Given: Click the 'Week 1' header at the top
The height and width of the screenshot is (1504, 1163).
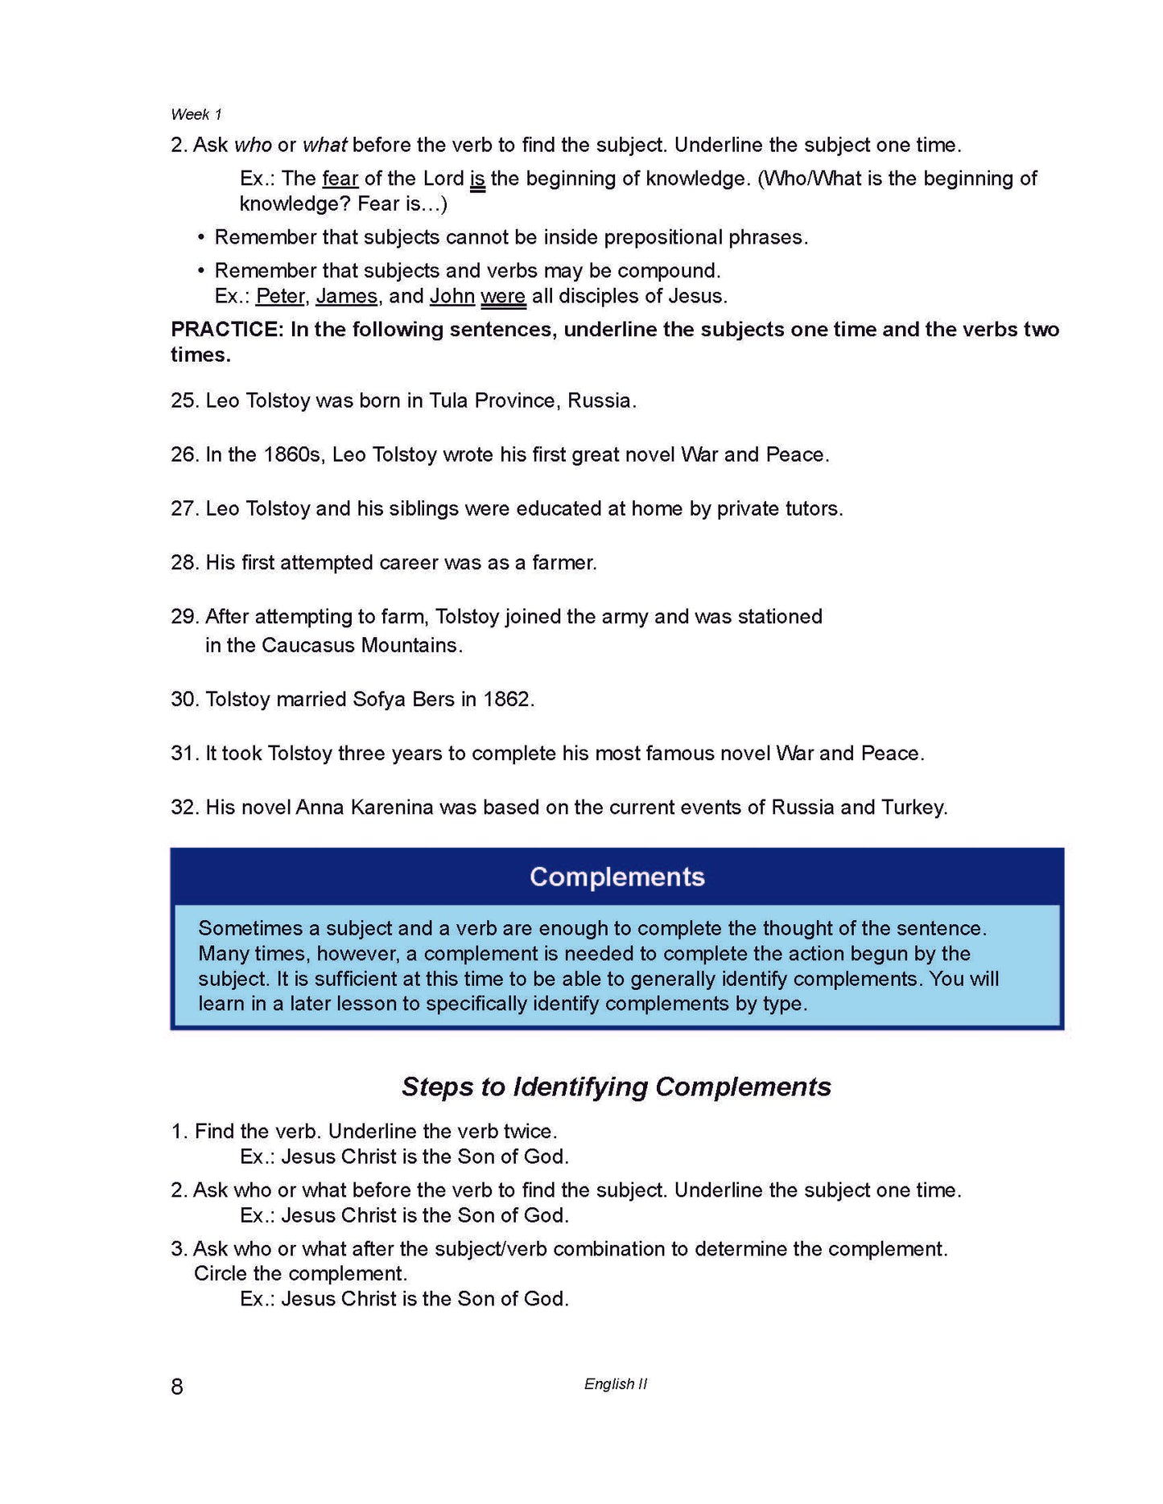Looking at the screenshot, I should click(196, 114).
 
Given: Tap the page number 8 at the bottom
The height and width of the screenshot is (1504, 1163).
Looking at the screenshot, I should click(177, 1386).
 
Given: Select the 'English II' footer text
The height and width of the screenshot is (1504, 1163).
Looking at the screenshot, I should click(616, 1383).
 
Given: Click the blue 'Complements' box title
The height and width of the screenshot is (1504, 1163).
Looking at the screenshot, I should click(617, 877).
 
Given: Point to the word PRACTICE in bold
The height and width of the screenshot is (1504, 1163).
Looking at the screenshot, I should click(226, 329).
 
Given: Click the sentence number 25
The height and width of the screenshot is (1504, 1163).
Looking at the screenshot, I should click(184, 401).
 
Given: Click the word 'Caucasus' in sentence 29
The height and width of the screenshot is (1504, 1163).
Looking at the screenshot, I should click(308, 645).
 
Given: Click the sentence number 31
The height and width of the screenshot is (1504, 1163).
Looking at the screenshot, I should click(184, 753).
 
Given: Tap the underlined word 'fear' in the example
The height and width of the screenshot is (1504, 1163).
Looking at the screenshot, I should click(340, 178).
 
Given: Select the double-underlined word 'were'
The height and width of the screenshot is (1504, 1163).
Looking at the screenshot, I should click(503, 296).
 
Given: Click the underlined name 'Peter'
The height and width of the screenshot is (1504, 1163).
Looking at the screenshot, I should click(280, 296).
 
